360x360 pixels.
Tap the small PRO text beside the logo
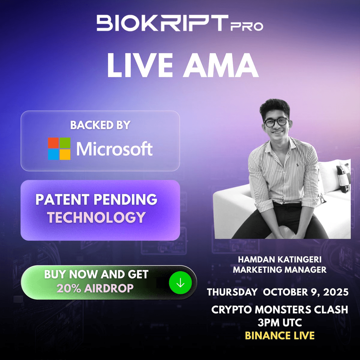pyautogui.click(x=247, y=26)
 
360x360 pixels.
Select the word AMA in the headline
pyautogui.click(x=220, y=65)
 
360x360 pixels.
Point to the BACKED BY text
pyautogui.click(x=100, y=125)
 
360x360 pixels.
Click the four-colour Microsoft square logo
pyautogui.click(x=59, y=149)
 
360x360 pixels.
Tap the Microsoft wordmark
pyautogui.click(x=115, y=149)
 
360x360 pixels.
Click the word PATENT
pyautogui.click(x=62, y=199)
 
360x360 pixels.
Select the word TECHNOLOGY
pyautogui.click(x=96, y=217)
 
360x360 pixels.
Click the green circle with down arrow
pyautogui.click(x=180, y=283)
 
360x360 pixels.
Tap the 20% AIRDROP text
pyautogui.click(x=95, y=288)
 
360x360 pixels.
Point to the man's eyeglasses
pyautogui.click(x=276, y=122)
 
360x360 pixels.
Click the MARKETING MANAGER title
pyautogui.click(x=280, y=269)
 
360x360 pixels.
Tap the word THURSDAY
pyautogui.click(x=232, y=292)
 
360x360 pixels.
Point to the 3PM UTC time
pyautogui.click(x=280, y=322)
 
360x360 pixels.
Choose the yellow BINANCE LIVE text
pyautogui.click(x=280, y=335)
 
